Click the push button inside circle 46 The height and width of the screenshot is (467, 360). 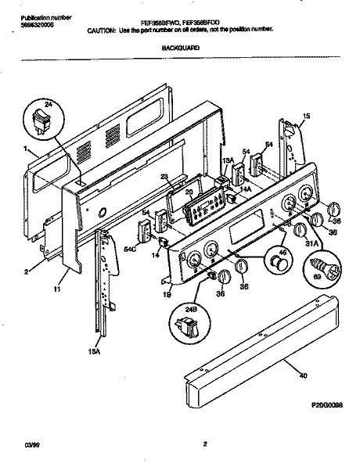click(275, 266)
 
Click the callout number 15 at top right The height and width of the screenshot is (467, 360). click(306, 116)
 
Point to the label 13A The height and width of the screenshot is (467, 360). click(228, 160)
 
